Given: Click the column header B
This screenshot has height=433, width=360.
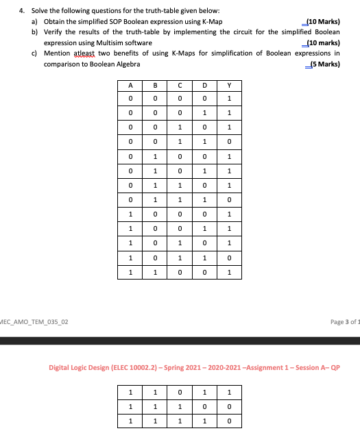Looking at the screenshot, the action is [155, 86].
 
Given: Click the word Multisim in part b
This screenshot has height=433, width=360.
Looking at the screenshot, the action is [120, 42].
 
